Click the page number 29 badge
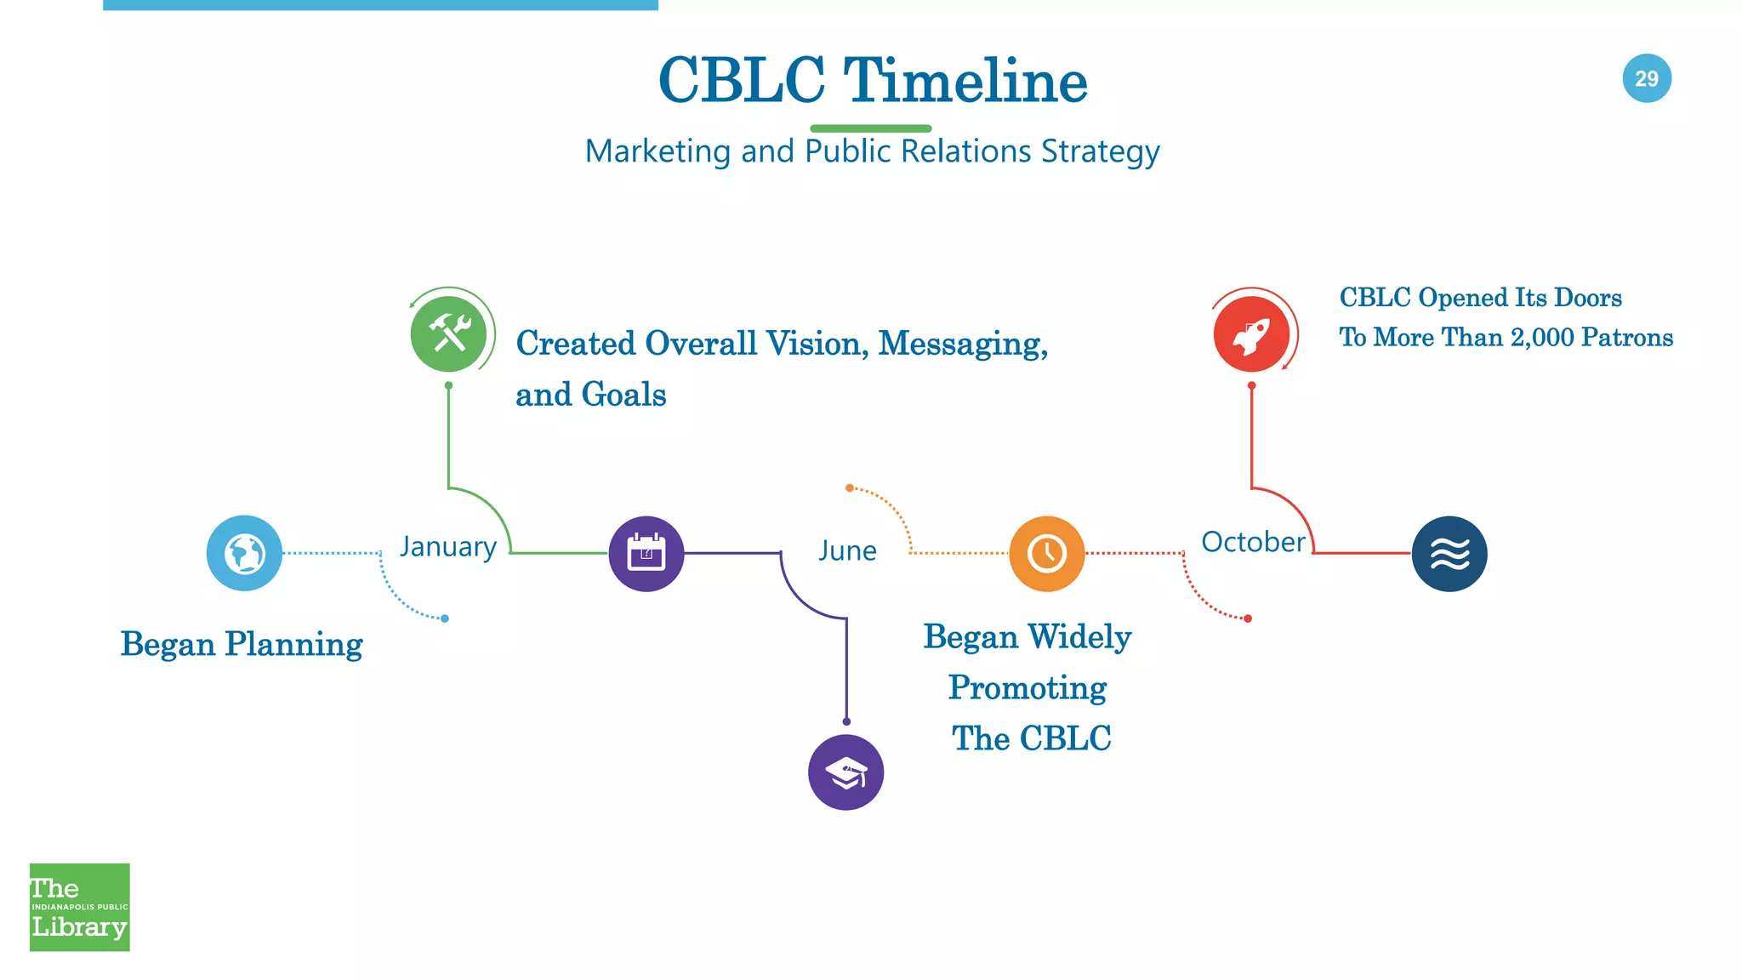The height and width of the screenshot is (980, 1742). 1647,78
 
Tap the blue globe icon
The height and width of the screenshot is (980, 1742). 244,553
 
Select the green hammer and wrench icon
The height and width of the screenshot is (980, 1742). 448,334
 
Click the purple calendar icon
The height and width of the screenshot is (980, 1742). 646,554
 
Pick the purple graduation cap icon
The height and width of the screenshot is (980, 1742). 845,772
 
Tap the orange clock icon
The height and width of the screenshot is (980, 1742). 1046,553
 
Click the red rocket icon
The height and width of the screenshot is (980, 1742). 1251,334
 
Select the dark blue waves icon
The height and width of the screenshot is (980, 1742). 1449,554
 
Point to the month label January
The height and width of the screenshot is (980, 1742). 448,546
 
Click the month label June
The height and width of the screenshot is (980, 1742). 847,550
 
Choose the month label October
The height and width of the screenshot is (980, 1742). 1253,542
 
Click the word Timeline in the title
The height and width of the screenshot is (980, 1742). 965,81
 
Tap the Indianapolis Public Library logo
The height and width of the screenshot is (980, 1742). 80,907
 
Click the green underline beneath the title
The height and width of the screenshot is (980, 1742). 870,128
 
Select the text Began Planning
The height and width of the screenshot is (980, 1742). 242,644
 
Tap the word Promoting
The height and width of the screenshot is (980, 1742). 1028,687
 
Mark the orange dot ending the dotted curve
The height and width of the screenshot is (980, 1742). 849,487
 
